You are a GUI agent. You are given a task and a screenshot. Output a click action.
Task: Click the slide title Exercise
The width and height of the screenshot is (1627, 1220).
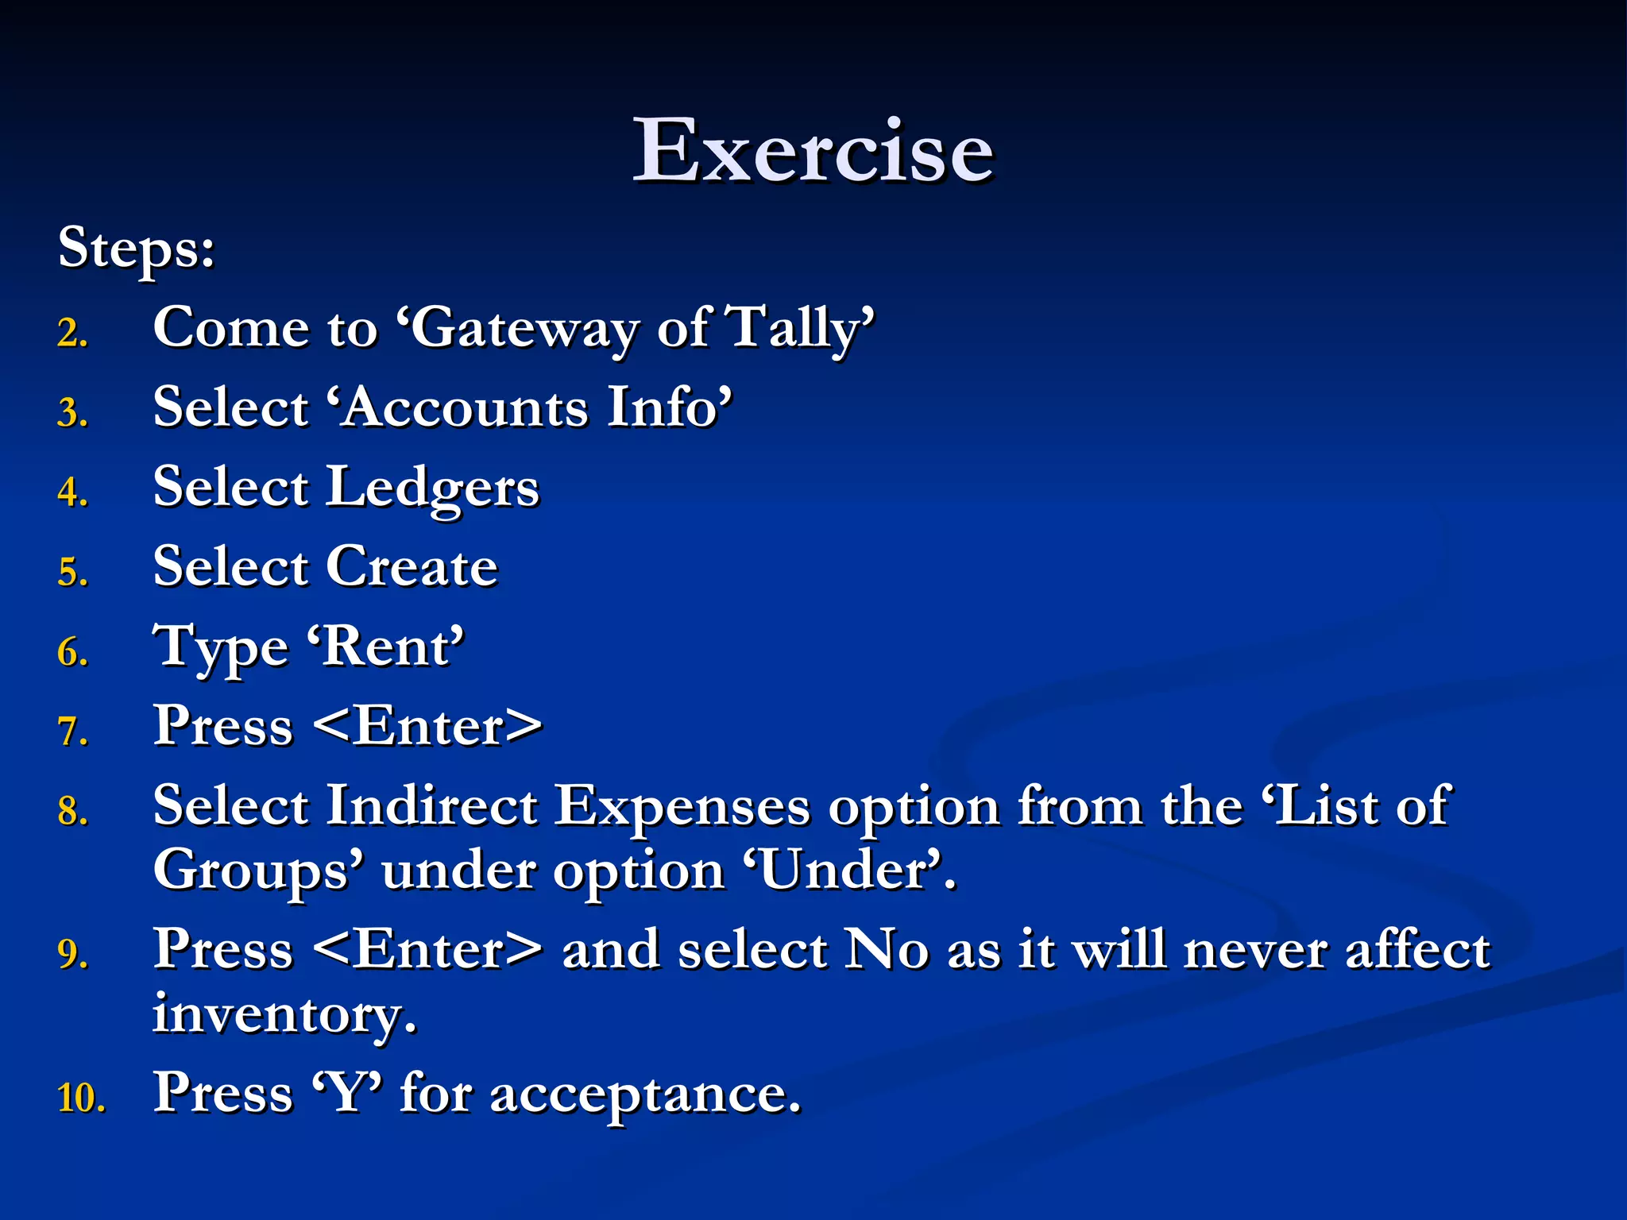point(812,150)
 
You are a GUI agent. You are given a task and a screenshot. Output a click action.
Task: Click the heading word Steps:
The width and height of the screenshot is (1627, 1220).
point(136,249)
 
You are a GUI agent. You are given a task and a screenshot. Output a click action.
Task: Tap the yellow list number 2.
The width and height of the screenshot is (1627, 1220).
point(72,333)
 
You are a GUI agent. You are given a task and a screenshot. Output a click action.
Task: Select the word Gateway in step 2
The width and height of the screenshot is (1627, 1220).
point(524,328)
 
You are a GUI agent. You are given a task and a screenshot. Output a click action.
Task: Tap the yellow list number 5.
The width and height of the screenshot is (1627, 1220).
point(72,573)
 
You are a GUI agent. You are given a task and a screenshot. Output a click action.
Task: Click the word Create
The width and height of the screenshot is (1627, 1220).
point(412,567)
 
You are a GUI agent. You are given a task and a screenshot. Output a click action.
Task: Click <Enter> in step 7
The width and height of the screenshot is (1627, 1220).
point(428,727)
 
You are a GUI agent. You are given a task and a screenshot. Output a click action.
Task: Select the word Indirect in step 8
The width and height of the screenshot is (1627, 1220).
point(431,807)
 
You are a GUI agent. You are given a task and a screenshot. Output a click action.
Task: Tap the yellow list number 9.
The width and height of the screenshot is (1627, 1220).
point(72,954)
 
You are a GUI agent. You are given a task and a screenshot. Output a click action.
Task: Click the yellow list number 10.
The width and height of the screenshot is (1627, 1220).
point(81,1098)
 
